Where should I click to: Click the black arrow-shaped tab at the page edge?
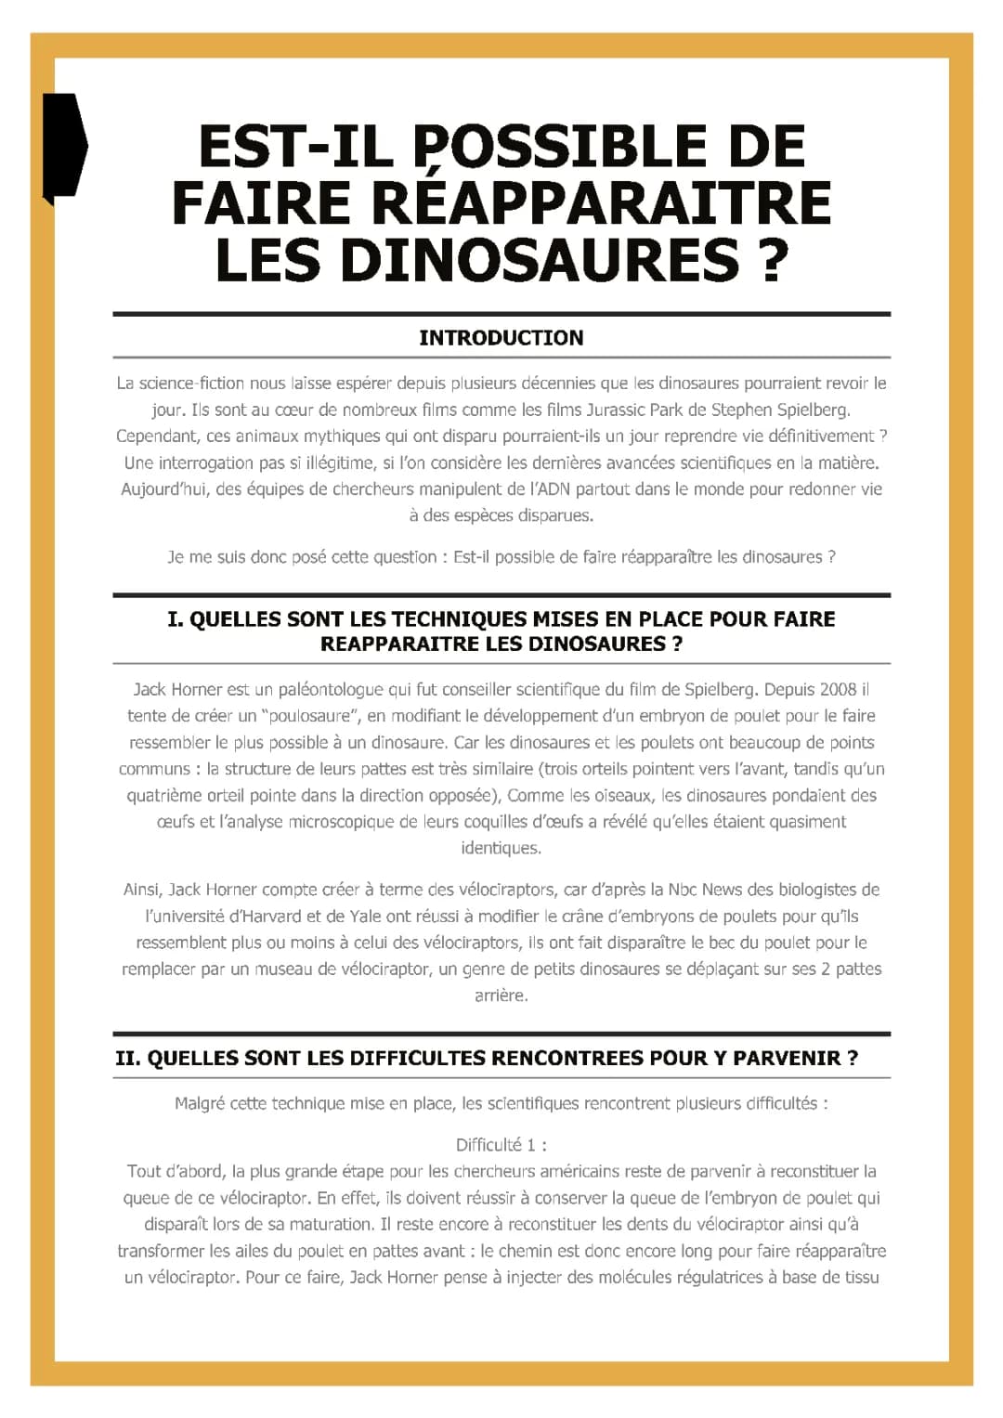pos(64,146)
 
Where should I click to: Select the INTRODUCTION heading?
pos(501,338)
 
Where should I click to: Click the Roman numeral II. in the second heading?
pos(127,1058)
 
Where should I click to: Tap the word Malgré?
pos(200,1103)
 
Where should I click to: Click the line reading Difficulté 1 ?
pos(501,1145)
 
